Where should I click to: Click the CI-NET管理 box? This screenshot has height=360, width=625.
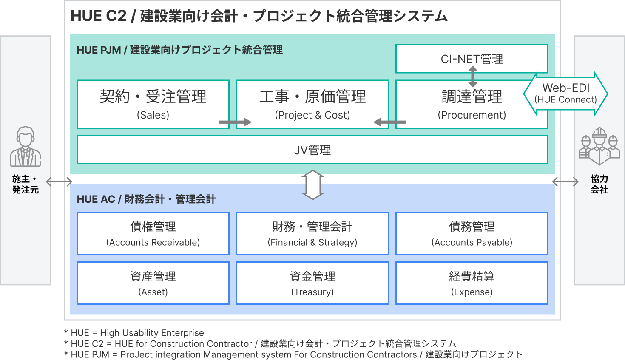472,59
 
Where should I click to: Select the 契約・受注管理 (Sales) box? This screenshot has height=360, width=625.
153,104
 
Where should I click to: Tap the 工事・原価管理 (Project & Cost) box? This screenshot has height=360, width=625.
312,104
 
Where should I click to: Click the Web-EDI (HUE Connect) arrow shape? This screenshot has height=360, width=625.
565,94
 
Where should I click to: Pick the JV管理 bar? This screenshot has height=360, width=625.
312,150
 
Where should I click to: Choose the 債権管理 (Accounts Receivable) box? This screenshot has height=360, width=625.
153,233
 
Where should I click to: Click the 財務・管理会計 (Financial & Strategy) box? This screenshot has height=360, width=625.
312,233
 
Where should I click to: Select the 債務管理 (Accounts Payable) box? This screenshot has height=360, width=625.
472,233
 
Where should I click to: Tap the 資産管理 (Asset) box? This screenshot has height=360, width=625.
153,283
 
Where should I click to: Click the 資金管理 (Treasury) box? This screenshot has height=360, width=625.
312,283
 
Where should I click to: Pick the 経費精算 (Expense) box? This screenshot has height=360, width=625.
472,283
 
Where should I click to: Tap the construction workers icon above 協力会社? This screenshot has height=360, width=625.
599,146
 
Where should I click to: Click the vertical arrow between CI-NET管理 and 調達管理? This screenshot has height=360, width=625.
472,77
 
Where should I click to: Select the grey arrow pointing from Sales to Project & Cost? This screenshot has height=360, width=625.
236,122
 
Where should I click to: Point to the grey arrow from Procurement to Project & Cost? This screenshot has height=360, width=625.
389,122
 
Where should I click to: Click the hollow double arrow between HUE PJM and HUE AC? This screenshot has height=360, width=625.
313,185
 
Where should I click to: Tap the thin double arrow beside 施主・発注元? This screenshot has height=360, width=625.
59,182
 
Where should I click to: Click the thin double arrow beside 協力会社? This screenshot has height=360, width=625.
565,182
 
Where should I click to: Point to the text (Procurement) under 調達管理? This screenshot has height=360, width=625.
472,115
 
